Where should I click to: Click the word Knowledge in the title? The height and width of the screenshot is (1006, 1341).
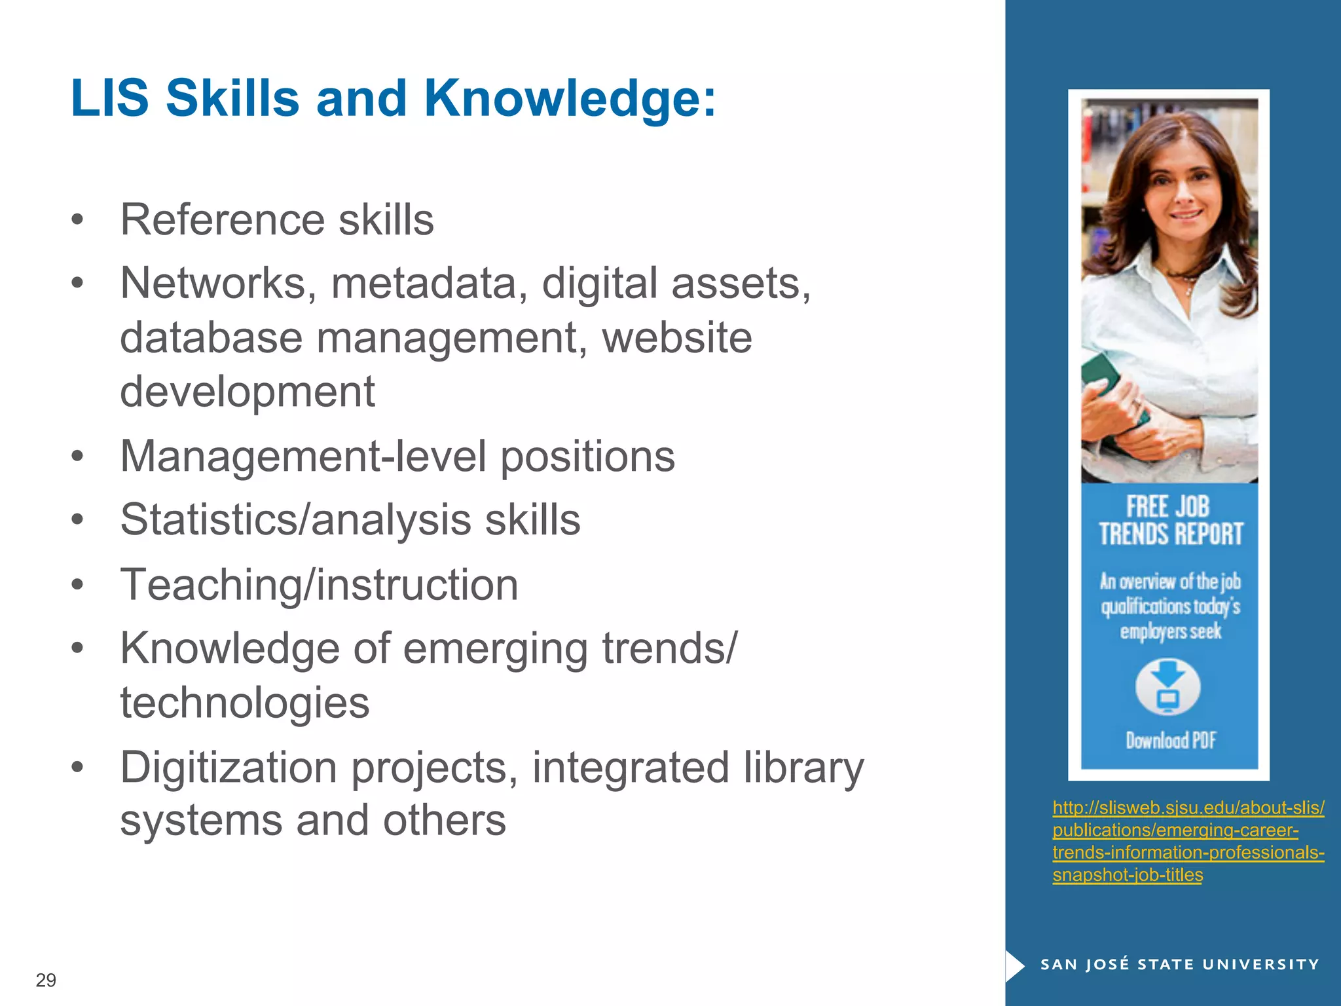(570, 98)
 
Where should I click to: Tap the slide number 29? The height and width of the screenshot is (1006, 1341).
(46, 980)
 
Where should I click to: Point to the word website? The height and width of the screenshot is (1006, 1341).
(676, 338)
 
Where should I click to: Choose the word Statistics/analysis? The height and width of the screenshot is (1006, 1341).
(295, 520)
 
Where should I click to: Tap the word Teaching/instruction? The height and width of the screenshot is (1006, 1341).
(319, 584)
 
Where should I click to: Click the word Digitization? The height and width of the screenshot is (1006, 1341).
(229, 767)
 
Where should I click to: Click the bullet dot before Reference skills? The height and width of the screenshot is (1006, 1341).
(78, 221)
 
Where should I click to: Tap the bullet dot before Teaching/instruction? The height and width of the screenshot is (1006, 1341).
(78, 585)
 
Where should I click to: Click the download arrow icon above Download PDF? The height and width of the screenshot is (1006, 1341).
(1167, 688)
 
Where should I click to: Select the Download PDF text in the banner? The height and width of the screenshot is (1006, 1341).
(1170, 741)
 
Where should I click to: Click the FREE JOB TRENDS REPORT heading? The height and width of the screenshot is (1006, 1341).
(1170, 521)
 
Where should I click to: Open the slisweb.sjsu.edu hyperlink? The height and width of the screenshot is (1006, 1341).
(1188, 841)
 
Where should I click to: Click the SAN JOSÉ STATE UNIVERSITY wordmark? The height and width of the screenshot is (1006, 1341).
(1179, 964)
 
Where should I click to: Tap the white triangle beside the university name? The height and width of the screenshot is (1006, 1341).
(1015, 965)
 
